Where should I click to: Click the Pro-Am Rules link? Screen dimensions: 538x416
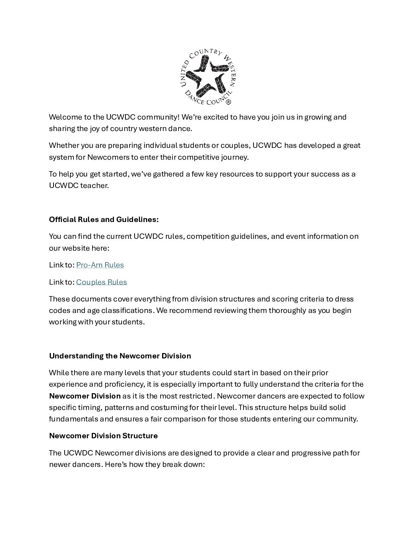pos(100,265)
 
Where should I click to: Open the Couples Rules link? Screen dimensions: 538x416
pos(101,282)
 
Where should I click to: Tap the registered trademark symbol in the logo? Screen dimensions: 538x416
pos(228,102)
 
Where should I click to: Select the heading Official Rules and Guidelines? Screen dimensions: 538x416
pos(104,219)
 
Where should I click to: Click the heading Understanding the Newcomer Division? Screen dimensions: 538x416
pos(120,356)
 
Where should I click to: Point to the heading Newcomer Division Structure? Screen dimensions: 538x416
pos(103,436)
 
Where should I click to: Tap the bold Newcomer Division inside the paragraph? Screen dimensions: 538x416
pos(84,396)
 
